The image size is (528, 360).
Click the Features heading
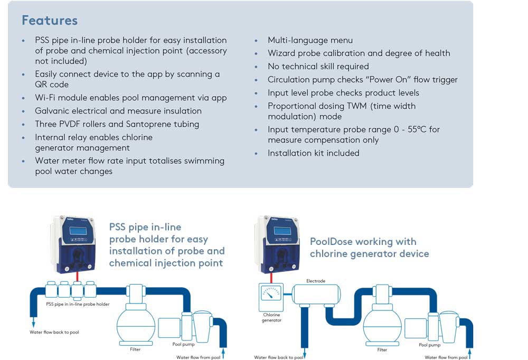50,21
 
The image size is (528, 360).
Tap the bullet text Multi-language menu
310,40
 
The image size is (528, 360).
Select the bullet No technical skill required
318,67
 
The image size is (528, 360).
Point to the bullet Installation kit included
313,153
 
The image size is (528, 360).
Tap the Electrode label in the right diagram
315,281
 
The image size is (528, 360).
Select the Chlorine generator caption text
271,318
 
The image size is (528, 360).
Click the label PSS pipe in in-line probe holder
78,304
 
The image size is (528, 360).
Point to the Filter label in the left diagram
135,349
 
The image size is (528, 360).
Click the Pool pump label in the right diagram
430,345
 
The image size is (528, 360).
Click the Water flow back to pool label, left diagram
54,332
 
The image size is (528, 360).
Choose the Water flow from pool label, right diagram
446,357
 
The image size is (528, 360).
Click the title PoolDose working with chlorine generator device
369,248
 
